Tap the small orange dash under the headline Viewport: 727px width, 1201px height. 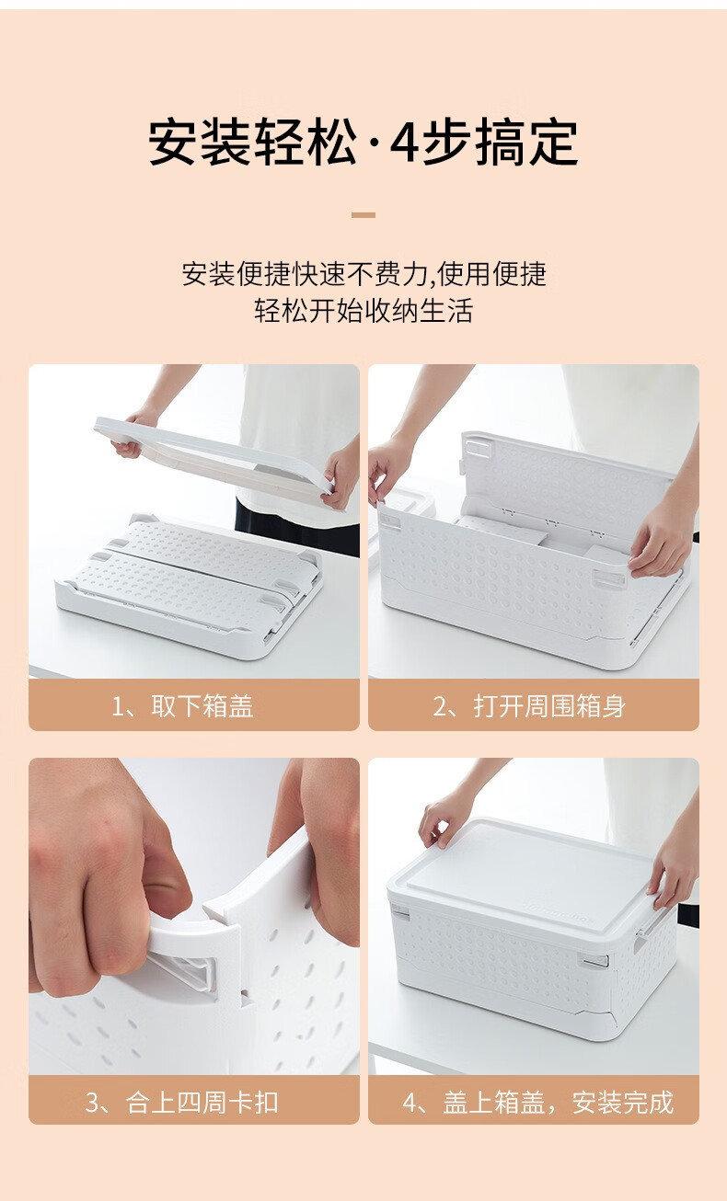363,215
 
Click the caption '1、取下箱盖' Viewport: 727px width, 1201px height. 182,705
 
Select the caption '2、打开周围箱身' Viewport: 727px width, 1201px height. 529,705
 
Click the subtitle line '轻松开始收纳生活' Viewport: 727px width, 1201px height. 363,311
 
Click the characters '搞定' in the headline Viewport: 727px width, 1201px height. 527,143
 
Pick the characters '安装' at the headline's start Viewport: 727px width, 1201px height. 199,143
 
